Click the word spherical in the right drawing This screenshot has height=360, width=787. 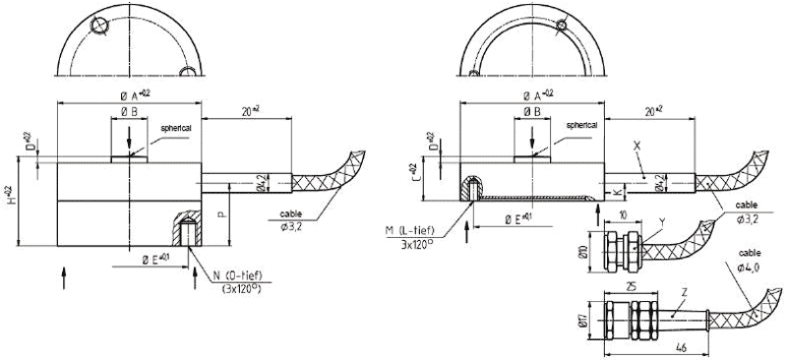click(580, 126)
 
